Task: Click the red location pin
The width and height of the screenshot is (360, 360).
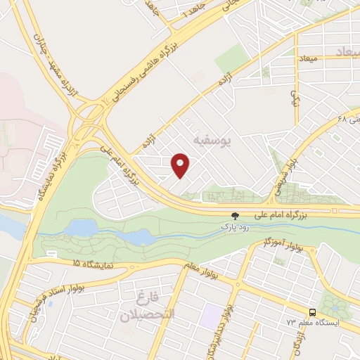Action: pos(181,165)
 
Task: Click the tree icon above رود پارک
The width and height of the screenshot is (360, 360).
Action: pos(236,215)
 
